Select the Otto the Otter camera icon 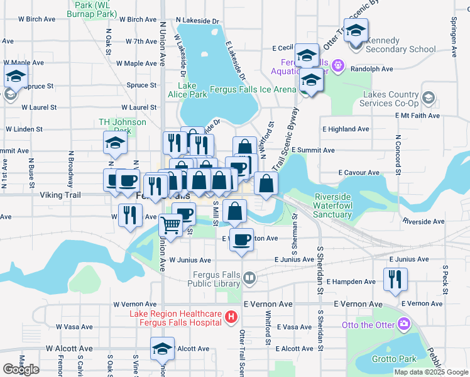pyautogui.click(x=403, y=324)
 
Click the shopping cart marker pyautogui.click(x=170, y=224)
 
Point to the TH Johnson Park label pyautogui.click(x=123, y=126)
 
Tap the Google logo pyautogui.click(x=21, y=369)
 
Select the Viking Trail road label pyautogui.click(x=60, y=195)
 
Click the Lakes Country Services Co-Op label pyautogui.click(x=390, y=99)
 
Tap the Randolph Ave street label pyautogui.click(x=371, y=68)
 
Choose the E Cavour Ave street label pyautogui.click(x=359, y=172)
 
